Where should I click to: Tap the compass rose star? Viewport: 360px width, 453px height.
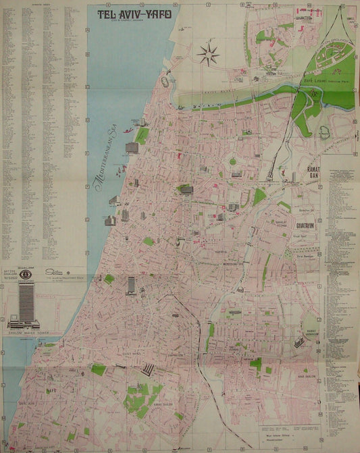(208, 53)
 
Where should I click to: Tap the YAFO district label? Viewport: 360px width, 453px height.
(49, 390)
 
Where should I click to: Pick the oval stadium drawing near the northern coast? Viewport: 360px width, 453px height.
(165, 81)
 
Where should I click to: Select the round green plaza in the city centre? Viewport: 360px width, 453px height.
(233, 161)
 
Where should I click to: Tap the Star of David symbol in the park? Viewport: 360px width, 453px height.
(313, 95)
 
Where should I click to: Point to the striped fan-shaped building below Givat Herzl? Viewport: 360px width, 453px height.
(148, 369)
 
